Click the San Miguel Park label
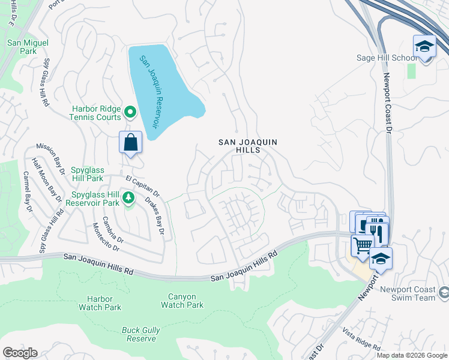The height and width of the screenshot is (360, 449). tap(28, 47)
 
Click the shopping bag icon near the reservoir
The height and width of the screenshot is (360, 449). tap(130, 143)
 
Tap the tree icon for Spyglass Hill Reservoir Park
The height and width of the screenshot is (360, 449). tap(128, 197)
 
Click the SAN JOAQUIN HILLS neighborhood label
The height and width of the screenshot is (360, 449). tap(247, 146)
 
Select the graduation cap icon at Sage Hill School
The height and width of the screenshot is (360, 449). tap(424, 47)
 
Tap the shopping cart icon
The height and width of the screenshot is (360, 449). tap(363, 245)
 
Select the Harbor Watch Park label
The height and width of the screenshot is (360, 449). tap(100, 303)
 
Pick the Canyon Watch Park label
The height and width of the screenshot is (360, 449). tap(186, 301)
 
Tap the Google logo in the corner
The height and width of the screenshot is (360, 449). tap(20, 353)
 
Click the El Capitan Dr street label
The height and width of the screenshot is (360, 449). tap(142, 187)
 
